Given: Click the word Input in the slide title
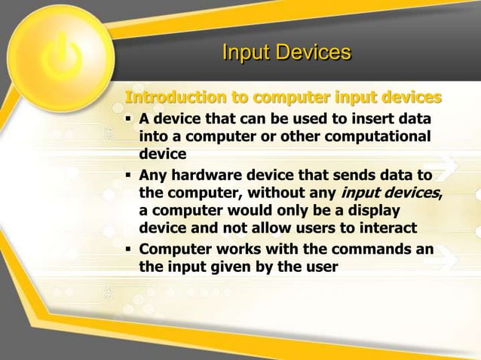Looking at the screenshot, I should click(246, 53).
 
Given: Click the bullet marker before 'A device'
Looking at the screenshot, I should click(129, 121).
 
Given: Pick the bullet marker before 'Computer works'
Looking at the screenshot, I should click(129, 249).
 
